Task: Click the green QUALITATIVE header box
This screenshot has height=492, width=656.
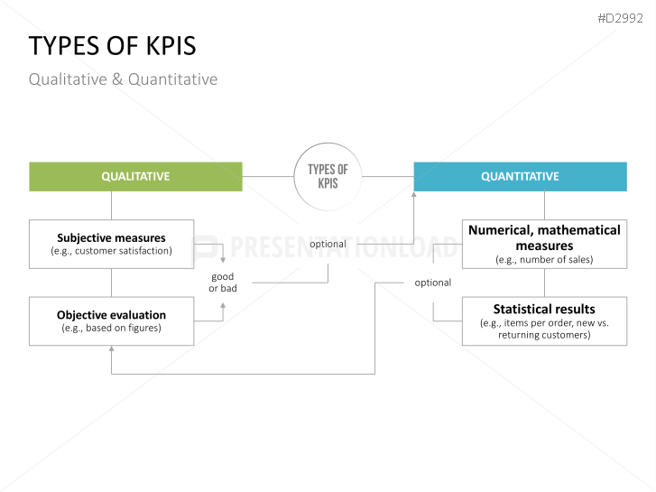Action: point(135,177)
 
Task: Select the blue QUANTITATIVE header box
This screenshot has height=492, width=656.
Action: point(520,177)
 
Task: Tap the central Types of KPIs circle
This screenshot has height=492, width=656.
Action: point(328,176)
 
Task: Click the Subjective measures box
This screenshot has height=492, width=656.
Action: point(111,244)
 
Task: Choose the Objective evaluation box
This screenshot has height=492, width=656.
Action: point(111,320)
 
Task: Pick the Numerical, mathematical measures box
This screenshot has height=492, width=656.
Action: point(544,244)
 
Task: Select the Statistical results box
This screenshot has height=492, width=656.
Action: point(544,320)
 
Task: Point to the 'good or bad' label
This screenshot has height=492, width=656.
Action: point(223,283)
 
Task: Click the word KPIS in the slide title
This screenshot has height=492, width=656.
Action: point(167,47)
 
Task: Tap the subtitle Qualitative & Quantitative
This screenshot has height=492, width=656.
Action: point(123,79)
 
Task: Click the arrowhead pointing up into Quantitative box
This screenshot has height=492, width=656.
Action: point(414,196)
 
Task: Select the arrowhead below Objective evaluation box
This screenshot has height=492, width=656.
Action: point(111,350)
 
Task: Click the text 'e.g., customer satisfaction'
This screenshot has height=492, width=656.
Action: point(111,251)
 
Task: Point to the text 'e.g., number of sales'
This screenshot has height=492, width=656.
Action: point(544,260)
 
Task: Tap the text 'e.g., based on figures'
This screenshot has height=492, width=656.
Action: point(111,329)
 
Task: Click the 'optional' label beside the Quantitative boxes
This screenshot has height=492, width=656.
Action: point(433,283)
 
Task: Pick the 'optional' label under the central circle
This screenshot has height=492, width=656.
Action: point(328,244)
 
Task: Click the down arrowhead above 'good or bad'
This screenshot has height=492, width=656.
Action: point(223,261)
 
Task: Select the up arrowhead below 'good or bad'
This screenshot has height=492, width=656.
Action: point(223,304)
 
